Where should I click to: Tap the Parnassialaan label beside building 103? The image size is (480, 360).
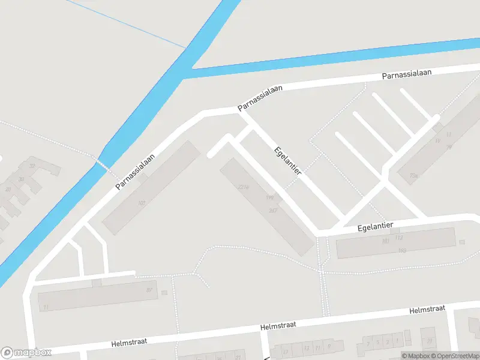coord(136,171)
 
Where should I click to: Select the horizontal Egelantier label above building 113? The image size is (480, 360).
coord(375,227)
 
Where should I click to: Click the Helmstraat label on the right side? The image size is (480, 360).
coord(427,310)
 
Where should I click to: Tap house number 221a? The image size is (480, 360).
coord(244,187)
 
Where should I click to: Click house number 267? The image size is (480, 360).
coord(273,210)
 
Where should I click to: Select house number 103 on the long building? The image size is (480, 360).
coord(142,203)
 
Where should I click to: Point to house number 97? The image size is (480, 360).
coord(149,290)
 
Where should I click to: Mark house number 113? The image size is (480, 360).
coord(400,237)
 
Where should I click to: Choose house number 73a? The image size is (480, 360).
coord(413,176)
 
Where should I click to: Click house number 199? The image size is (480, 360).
coord(269,198)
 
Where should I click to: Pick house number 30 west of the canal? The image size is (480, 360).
coord(22,179)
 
